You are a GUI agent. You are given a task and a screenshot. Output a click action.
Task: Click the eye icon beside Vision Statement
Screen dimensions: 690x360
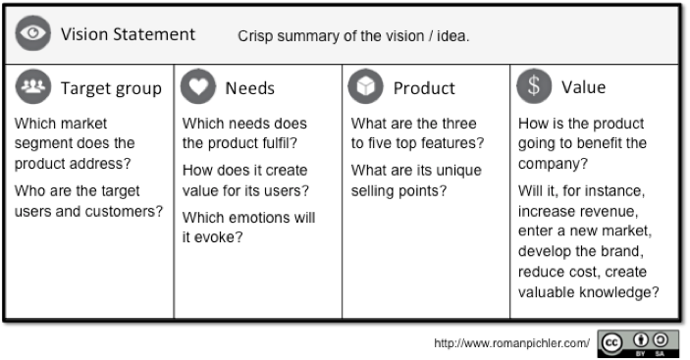33,33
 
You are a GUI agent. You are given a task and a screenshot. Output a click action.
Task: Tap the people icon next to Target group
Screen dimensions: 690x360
33,86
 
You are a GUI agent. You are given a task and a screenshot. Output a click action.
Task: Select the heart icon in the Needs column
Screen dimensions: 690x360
198,86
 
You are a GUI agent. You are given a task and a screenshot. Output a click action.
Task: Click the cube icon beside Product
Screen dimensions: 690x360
365,86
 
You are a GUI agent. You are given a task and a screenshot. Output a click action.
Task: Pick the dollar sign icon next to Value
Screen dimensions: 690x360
534,86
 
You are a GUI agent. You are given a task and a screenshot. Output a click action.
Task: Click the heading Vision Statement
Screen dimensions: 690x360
128,34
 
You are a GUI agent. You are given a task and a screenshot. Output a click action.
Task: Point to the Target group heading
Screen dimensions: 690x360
111,89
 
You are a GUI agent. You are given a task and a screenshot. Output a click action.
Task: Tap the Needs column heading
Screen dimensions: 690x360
250,88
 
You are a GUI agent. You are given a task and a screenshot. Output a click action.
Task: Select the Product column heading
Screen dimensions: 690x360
424,88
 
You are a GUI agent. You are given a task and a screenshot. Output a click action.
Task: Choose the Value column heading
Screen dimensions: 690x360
584,87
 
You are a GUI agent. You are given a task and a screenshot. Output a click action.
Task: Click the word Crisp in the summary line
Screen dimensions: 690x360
255,36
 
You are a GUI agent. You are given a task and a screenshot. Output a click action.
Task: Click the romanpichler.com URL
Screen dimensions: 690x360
511,343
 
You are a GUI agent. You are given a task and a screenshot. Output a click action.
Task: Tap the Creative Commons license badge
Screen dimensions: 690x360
638,343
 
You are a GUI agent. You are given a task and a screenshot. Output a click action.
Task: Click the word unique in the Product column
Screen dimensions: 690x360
458,171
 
